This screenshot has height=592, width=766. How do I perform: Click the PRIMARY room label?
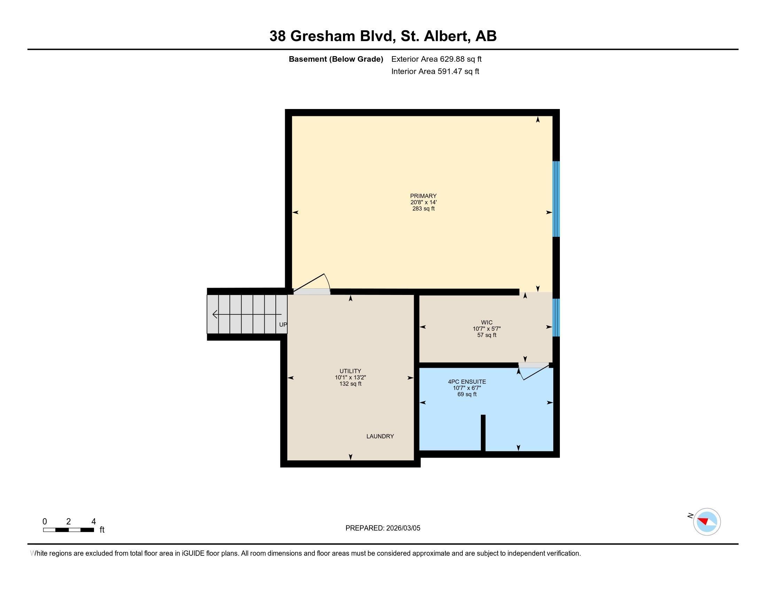coord(423,196)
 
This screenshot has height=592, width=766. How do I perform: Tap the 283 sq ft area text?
coord(423,209)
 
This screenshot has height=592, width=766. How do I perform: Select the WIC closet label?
coord(486,322)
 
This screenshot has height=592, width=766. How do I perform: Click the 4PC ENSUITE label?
coord(467,382)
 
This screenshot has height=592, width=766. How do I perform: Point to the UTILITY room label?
coord(350,371)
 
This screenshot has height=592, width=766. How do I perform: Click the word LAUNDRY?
coord(380,436)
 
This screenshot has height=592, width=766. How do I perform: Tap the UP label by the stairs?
coord(283,325)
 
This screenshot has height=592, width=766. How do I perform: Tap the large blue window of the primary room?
coord(556,199)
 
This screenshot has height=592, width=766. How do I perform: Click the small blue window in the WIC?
coord(556,317)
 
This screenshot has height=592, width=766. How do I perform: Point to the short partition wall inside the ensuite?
coord(483,433)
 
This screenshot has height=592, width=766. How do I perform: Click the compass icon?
coord(706,522)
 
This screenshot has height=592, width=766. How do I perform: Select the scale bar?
coord(68,530)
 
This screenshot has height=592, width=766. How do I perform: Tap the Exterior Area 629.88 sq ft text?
coord(436,59)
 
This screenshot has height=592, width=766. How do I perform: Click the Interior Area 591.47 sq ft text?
coord(435,71)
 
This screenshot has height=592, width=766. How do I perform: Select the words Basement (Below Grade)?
coord(336,59)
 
